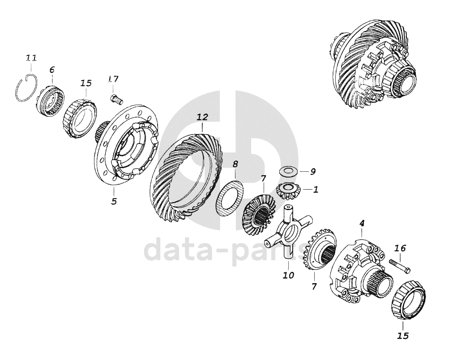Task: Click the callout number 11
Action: click(31, 58)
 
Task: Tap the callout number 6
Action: click(52, 70)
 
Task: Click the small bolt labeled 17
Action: click(116, 99)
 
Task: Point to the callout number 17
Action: click(113, 79)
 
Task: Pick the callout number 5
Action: click(114, 201)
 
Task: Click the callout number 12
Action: click(202, 117)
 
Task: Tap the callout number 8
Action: click(235, 164)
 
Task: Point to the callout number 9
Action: click(312, 172)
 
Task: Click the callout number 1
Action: click(316, 190)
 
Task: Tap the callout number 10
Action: click(288, 275)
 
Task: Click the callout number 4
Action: click(362, 224)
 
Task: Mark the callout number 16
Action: click(400, 249)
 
